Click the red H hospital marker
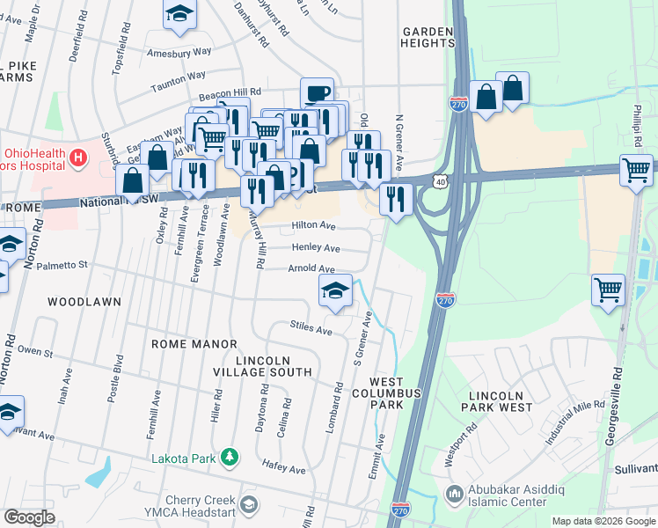(x=79, y=158)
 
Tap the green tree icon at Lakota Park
(x=230, y=457)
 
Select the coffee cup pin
(x=317, y=93)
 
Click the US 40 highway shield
(x=438, y=180)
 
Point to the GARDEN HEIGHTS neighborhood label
(x=428, y=37)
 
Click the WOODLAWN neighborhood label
(x=84, y=302)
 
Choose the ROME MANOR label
(x=194, y=344)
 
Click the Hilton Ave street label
(x=314, y=226)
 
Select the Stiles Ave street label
(x=311, y=328)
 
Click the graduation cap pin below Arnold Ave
(x=335, y=291)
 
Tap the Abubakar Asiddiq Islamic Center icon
(x=454, y=493)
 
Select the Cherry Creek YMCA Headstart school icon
(x=249, y=504)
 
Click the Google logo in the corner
(x=29, y=518)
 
